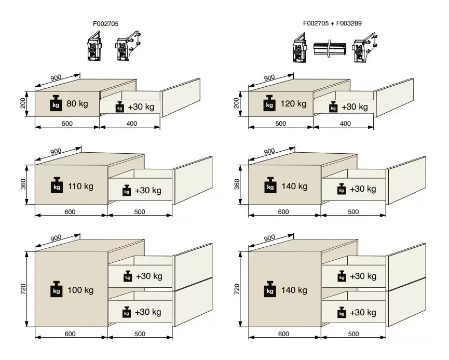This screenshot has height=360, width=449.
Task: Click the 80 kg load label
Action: pos(77,103)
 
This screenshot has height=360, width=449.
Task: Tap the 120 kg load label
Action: pos(293,103)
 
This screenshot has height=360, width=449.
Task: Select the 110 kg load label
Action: pos(81,186)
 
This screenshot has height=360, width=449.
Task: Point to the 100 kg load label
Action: pos(80,290)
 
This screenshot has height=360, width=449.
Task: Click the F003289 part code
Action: pos(349,23)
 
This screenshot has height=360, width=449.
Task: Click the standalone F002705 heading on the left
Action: pos(106,24)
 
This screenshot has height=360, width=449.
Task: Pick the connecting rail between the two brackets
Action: pos(330,49)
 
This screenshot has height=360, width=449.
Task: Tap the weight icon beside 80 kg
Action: pos(56,103)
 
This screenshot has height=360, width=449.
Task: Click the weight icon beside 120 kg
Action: pos(269,103)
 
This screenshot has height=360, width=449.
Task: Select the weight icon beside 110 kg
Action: pos(57,185)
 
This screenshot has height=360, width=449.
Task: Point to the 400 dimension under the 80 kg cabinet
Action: pos(132,124)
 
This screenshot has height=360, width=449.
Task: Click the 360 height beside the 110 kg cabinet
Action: pos(23,184)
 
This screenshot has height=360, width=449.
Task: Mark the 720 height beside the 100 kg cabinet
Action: pos(23,289)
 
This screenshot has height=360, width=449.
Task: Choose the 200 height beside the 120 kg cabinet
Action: pos(237,103)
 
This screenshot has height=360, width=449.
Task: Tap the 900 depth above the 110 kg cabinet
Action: pos(56,151)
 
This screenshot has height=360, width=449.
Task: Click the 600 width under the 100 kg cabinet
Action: pos(70,334)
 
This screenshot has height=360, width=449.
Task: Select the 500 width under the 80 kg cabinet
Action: pos(67,124)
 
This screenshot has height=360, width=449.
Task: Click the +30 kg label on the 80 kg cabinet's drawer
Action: pos(141,107)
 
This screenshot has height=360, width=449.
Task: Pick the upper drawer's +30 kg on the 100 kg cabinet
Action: pos(149,276)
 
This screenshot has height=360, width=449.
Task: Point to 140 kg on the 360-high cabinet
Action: pos(294,186)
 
